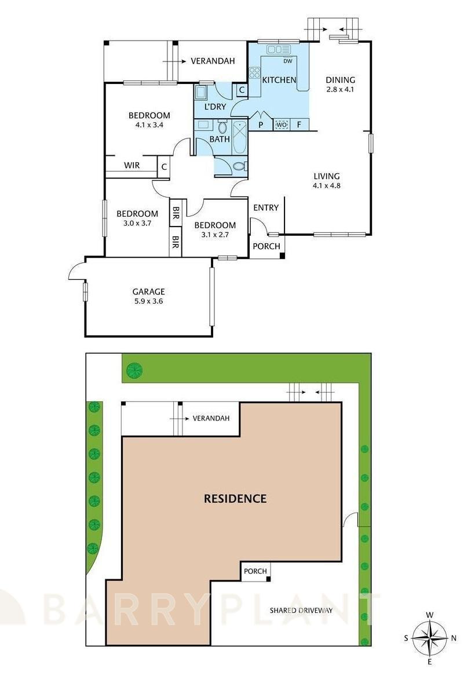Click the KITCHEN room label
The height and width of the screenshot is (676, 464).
[x=279, y=80]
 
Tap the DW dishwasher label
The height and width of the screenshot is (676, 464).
[x=288, y=61]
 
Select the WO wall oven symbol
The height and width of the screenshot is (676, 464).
[x=282, y=125]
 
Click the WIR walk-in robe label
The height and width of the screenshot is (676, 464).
[x=132, y=165]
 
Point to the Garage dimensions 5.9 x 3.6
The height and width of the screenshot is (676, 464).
[x=148, y=301]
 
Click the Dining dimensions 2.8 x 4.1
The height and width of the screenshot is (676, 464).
[x=339, y=89]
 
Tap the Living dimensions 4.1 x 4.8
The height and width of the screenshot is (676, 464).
[x=327, y=186]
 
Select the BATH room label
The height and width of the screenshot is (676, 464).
[x=220, y=139]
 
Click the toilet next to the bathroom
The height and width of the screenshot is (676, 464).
[x=238, y=167]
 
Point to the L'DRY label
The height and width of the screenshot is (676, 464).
[x=215, y=107]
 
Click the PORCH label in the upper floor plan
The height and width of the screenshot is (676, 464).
[x=266, y=246]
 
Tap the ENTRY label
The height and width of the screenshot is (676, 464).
[x=266, y=207]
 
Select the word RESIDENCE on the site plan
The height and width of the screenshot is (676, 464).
[x=235, y=498]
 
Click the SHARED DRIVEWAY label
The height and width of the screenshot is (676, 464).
[x=301, y=610]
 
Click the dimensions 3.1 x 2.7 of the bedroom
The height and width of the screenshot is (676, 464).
[x=215, y=235]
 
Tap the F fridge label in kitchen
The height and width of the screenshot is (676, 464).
[x=299, y=125]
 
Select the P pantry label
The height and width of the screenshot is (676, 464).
[x=261, y=125]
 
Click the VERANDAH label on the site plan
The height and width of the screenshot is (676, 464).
[x=211, y=418]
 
